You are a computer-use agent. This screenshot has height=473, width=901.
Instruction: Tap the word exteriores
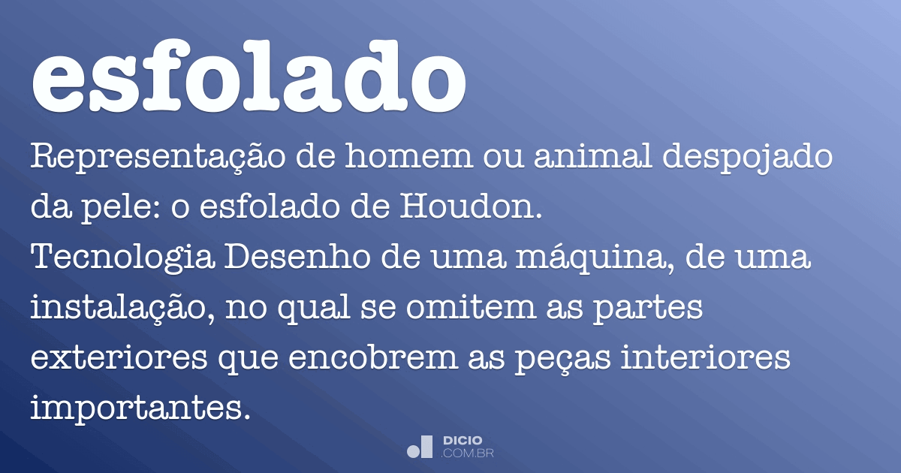(x=120, y=358)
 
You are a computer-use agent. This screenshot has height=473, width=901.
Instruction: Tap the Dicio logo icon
(x=420, y=447)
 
